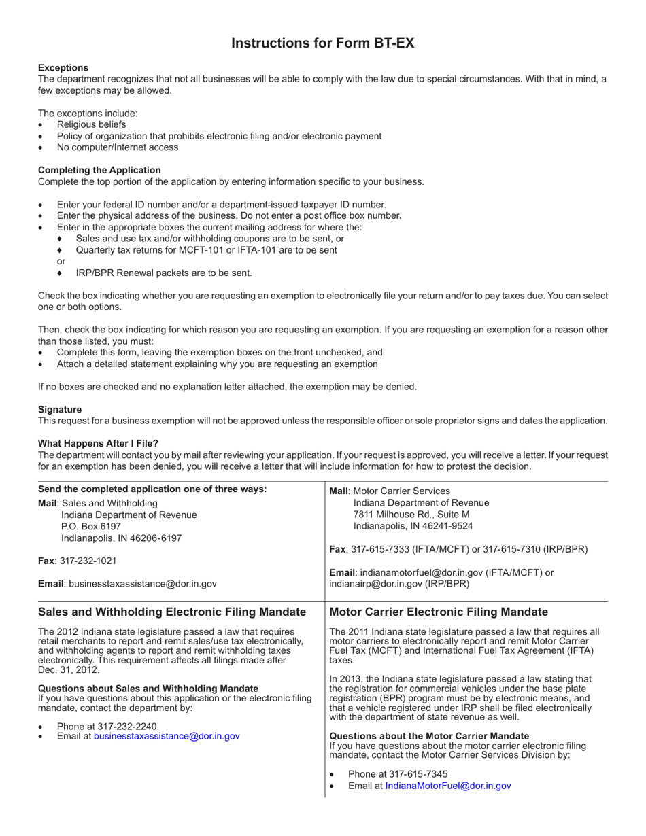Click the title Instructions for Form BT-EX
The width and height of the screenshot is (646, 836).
[x=322, y=43]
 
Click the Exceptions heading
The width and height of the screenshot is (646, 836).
[x=63, y=67]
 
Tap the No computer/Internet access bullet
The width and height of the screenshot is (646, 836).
[x=118, y=147]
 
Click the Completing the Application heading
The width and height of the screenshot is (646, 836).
[x=99, y=170]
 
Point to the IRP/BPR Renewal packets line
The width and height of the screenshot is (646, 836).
[x=164, y=273]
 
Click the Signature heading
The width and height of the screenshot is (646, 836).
[x=60, y=409]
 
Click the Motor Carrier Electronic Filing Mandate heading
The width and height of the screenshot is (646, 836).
[x=439, y=612]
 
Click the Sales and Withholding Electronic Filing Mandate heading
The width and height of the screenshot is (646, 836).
[x=172, y=612]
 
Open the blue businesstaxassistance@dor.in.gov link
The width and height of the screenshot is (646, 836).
[x=167, y=735]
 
